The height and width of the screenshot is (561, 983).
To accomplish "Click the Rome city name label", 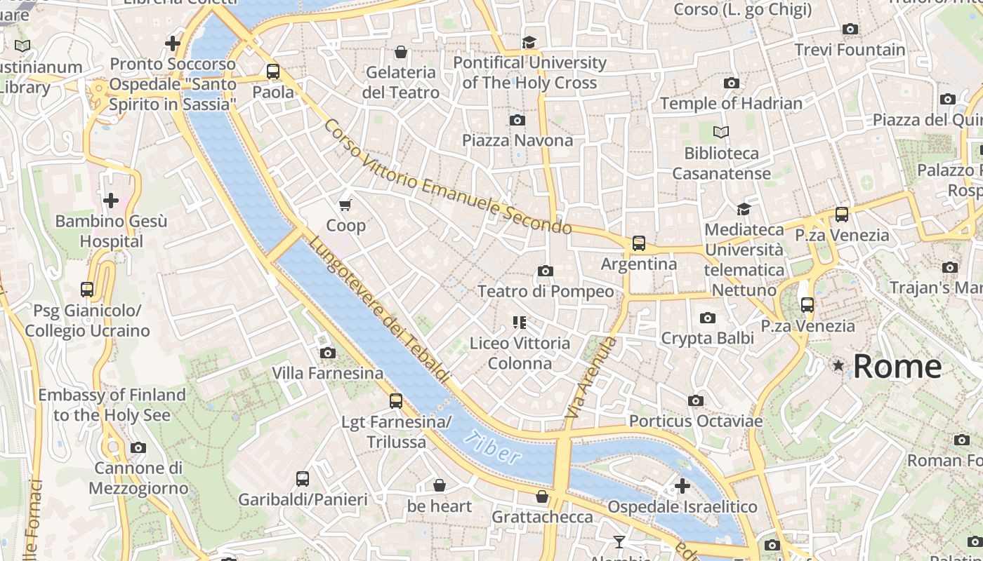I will (x=897, y=367).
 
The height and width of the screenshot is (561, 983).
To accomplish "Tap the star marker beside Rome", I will (x=838, y=365).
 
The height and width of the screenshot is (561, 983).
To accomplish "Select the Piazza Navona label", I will (x=517, y=140).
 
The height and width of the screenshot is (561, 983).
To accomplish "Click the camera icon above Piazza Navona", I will (x=517, y=120).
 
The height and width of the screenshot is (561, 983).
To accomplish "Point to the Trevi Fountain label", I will (x=850, y=50).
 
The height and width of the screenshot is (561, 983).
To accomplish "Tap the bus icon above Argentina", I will (x=639, y=243).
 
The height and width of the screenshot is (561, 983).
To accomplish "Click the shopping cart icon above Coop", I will (x=345, y=205).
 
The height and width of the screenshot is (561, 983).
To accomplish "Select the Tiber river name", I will (x=494, y=447).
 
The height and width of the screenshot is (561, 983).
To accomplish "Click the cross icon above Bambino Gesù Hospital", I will (x=111, y=201).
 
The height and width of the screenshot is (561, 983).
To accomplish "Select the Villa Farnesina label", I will (x=328, y=373).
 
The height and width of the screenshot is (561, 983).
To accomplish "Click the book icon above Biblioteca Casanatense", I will (x=721, y=132).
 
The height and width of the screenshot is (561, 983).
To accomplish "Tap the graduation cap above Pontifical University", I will (x=529, y=42).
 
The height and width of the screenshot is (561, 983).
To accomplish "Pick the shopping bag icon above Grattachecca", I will (x=542, y=496).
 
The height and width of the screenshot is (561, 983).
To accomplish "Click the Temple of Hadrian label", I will (x=731, y=103).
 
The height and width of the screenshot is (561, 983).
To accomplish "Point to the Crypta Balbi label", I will (x=708, y=338).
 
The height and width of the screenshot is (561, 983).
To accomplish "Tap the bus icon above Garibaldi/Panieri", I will (x=303, y=479).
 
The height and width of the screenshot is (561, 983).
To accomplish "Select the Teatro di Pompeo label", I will (x=546, y=291).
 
